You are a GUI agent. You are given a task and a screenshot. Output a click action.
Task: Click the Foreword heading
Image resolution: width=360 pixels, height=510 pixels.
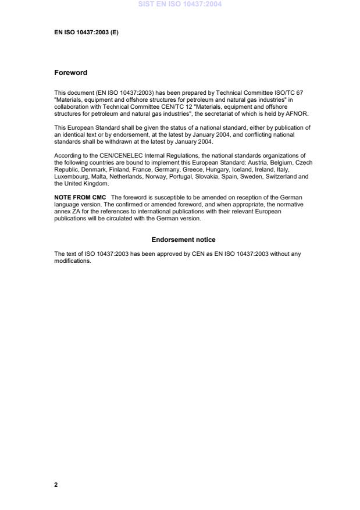click(70, 73)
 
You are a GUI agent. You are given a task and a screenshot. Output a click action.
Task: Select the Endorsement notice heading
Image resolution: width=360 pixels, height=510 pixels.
click(183, 240)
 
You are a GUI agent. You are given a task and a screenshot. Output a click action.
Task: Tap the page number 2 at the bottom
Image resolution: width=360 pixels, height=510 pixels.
click(56, 484)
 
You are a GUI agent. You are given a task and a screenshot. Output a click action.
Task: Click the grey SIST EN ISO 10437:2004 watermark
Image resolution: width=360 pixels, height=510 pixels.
click(180, 5)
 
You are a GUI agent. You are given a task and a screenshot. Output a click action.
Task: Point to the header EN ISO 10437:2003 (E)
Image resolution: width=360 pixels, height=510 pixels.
click(86, 33)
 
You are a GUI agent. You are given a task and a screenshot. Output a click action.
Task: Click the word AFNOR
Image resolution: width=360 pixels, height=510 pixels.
click(297, 114)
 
